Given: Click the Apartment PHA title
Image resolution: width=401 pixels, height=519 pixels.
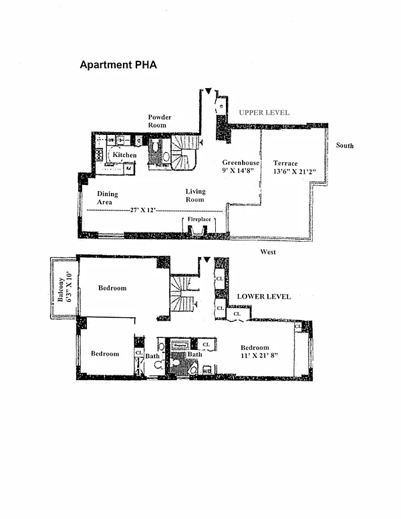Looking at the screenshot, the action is [x=118, y=65].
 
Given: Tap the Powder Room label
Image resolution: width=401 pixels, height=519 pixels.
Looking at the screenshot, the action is [x=160, y=121].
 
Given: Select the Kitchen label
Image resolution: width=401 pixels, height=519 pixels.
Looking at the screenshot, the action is [x=124, y=155].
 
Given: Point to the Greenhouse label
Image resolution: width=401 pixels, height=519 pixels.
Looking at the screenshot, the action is [x=241, y=162].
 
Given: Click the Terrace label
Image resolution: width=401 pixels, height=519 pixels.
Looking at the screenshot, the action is [x=285, y=163].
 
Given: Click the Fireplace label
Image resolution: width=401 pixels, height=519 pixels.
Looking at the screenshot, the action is [x=199, y=219].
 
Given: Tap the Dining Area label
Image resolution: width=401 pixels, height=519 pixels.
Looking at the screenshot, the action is [x=107, y=198].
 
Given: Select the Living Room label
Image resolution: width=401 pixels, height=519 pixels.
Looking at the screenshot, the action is [x=195, y=196].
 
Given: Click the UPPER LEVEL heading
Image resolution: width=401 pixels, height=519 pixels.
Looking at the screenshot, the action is [x=264, y=113].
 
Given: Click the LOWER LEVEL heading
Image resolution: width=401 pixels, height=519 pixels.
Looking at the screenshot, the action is [x=264, y=296].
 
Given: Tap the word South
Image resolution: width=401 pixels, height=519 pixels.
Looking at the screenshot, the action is [x=345, y=146].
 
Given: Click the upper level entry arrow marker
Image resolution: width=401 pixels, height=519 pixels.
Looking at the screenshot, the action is [x=208, y=91].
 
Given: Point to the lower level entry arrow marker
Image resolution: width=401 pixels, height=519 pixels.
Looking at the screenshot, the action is [x=207, y=259].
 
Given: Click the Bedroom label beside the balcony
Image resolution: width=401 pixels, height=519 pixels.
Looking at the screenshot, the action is [x=112, y=288].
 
